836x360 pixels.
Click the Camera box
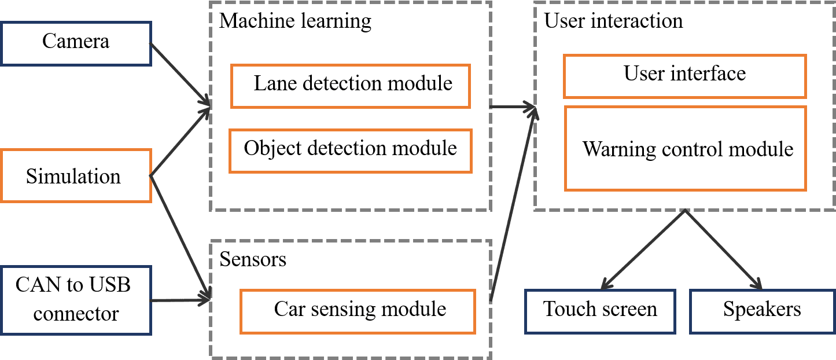point(76,43)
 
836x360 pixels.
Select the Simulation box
point(76,175)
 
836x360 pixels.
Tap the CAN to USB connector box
point(76,300)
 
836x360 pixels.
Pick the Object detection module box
point(351,150)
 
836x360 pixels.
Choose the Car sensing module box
point(358,311)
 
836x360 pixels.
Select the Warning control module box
point(686,149)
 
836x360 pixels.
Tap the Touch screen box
point(600,311)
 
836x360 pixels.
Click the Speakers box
point(762,311)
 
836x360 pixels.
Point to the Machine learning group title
point(295,22)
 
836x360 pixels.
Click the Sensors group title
point(253,259)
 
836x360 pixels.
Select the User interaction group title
point(613,22)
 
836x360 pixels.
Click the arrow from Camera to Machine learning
point(180,74)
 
